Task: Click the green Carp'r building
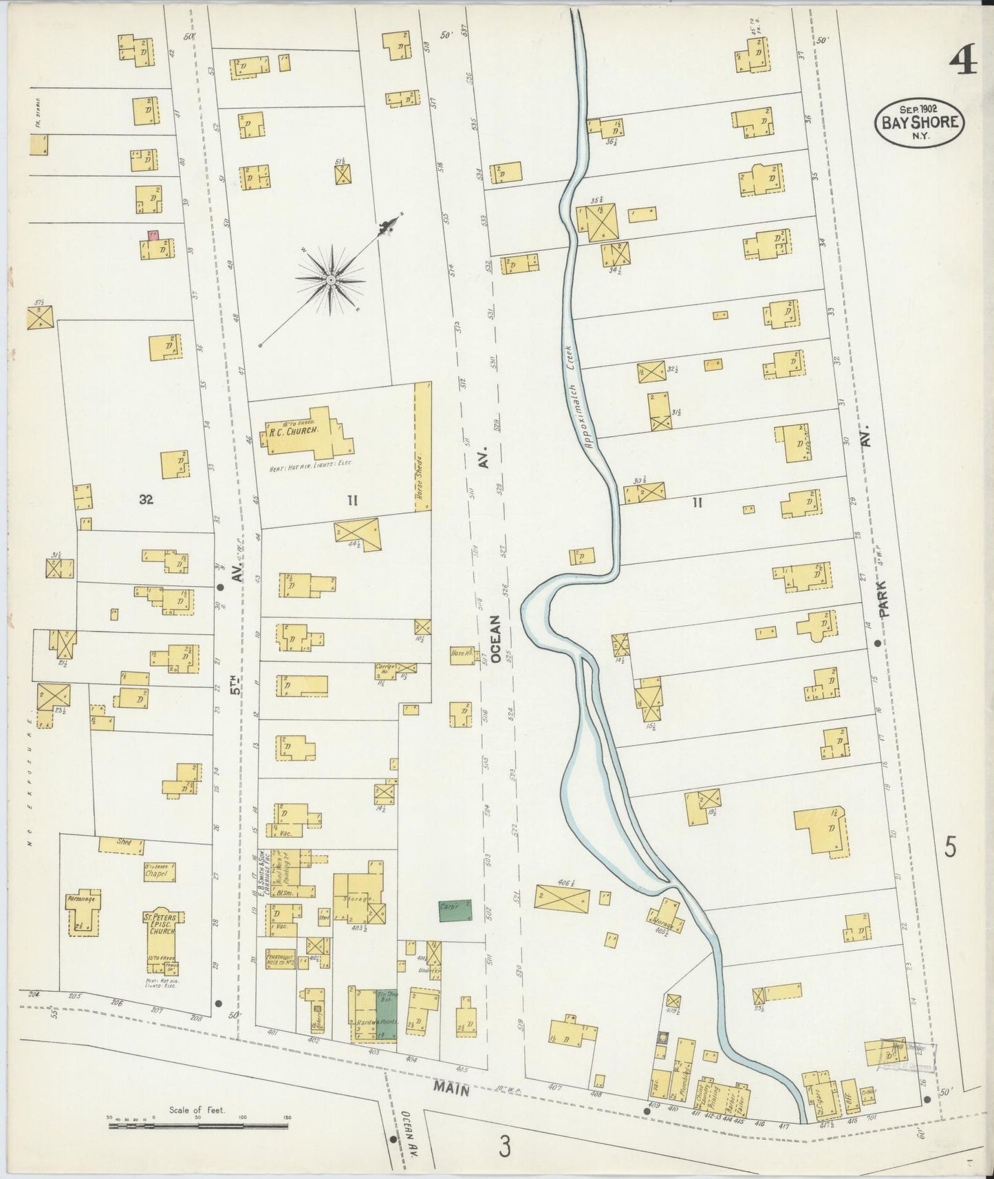click(x=455, y=910)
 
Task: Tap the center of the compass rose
click(x=331, y=280)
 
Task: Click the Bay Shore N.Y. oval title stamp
click(x=918, y=122)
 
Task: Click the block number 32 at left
click(x=145, y=499)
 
